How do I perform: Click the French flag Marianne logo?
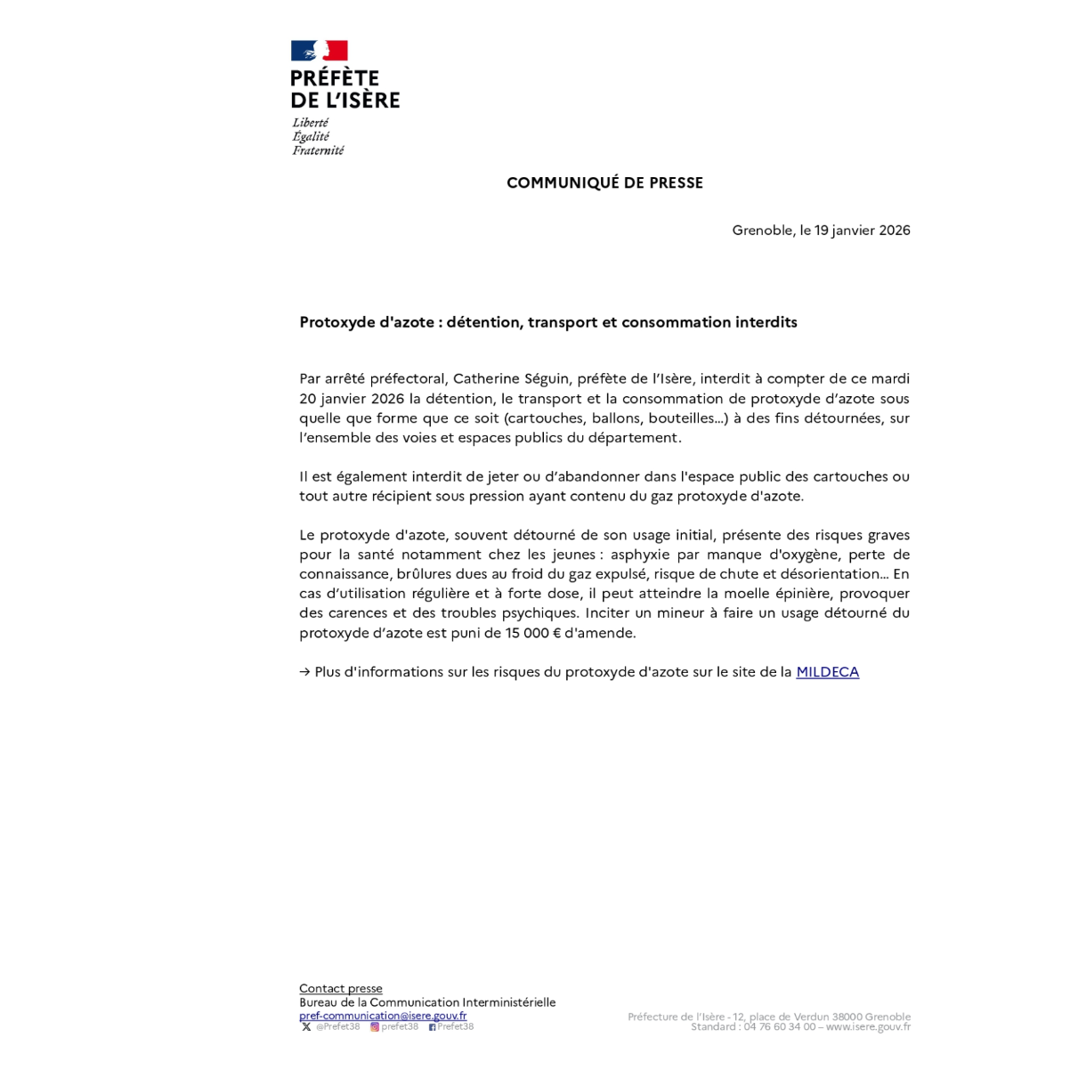click(x=319, y=51)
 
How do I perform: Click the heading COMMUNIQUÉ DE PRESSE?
click(x=604, y=182)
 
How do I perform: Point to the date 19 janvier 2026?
click(x=862, y=230)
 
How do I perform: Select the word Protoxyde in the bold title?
click(x=337, y=322)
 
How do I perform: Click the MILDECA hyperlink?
click(x=827, y=672)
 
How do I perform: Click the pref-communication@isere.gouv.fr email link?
click(x=383, y=1016)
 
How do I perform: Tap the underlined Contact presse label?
click(x=341, y=988)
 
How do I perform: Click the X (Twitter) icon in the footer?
click(x=306, y=1027)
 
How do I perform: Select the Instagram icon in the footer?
click(x=375, y=1027)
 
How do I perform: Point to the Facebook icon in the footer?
click(x=432, y=1027)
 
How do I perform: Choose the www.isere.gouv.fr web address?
click(x=868, y=1027)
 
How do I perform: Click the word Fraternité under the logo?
click(x=318, y=150)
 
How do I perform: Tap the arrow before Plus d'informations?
click(x=304, y=672)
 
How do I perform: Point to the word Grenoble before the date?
click(x=762, y=230)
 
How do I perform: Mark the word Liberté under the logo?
click(x=310, y=123)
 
